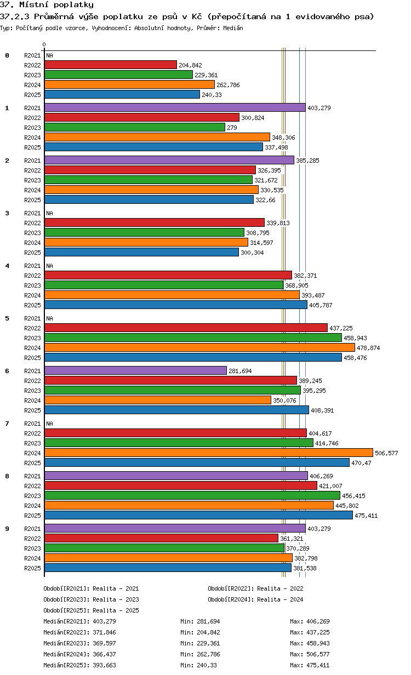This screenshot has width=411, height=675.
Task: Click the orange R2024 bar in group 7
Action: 208,453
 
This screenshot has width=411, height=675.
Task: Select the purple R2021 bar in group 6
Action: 135,371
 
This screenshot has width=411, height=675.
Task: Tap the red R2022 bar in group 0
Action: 110,65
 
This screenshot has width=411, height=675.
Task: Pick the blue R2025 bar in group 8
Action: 198,516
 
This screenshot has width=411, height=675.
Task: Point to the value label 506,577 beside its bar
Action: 386,453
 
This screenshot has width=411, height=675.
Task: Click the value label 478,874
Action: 368,348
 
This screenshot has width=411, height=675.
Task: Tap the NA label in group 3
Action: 49,213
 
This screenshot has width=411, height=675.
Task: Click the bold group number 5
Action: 7,318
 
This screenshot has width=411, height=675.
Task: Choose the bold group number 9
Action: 7,529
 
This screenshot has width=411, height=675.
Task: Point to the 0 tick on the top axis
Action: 44,44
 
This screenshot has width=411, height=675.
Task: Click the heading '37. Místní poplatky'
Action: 47,5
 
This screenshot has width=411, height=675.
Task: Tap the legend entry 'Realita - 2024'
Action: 280,599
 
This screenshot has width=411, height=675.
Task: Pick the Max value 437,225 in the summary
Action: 319,632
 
